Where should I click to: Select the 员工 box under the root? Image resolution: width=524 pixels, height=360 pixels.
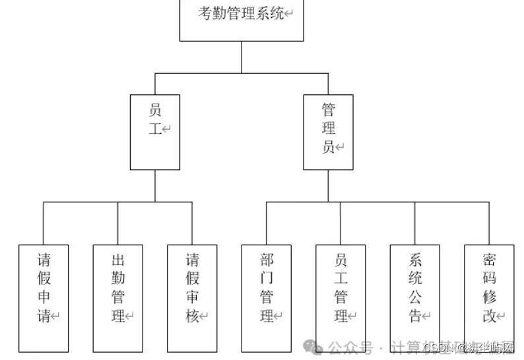click(x=155, y=132)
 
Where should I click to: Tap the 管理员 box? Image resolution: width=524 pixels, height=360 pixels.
click(x=328, y=132)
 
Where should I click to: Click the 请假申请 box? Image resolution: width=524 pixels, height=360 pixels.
click(x=44, y=298)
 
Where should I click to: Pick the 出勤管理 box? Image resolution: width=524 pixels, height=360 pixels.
click(x=118, y=298)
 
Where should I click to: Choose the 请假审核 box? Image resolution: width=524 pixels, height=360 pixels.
click(x=192, y=298)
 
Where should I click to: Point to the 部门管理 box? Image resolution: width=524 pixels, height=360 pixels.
click(x=267, y=298)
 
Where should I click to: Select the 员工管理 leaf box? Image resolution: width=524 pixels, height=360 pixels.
click(x=341, y=298)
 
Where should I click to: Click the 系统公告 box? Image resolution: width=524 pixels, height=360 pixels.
click(x=415, y=298)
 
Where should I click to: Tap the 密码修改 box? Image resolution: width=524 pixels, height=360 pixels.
click(x=489, y=298)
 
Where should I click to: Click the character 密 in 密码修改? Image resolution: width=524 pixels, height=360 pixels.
click(x=489, y=258)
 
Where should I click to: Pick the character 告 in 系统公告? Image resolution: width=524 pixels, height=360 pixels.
click(x=415, y=316)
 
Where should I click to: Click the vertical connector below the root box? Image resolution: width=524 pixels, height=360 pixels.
click(x=242, y=57)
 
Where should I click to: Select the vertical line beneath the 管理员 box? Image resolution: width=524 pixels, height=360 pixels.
click(x=328, y=186)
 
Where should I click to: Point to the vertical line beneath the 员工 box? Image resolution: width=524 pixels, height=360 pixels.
click(x=155, y=186)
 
